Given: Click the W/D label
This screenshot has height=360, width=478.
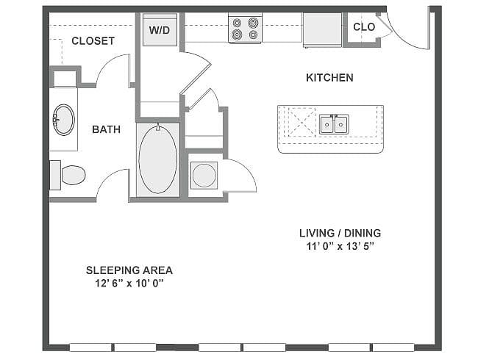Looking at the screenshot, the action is (x=159, y=30).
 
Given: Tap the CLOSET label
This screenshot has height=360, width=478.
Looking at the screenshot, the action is (x=93, y=41).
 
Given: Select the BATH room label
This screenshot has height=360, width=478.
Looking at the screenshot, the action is (x=106, y=129).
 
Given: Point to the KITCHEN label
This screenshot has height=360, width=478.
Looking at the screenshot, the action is (x=329, y=78).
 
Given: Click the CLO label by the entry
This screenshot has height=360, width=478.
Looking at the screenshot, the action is (x=364, y=27).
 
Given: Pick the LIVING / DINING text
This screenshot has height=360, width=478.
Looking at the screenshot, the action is (x=340, y=233).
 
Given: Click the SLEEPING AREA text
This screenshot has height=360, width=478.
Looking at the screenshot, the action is (x=129, y=270).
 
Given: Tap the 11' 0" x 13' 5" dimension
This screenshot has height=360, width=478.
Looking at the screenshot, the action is (x=340, y=246).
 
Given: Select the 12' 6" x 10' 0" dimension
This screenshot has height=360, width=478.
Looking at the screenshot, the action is (x=129, y=284).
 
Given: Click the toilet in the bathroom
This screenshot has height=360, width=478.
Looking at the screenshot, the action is (x=68, y=175).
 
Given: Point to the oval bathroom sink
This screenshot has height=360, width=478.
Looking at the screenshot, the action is (x=63, y=120).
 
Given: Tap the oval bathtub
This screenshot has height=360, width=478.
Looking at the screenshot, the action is (x=157, y=159).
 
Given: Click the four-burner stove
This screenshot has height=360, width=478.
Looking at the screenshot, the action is (x=245, y=29).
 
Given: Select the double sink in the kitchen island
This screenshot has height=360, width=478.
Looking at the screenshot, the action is (x=334, y=124).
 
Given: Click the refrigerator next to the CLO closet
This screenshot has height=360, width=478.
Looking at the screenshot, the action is (x=322, y=30).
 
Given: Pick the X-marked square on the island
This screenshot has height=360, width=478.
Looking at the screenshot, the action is (x=302, y=121).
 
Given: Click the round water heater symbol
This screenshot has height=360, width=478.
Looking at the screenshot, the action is (x=204, y=176).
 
